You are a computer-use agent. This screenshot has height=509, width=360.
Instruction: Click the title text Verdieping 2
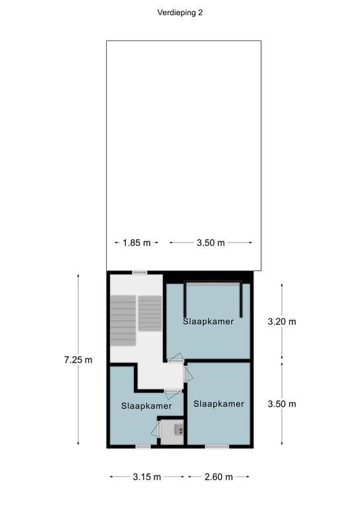click(180, 13)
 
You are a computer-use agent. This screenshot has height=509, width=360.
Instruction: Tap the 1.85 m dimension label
click(137, 243)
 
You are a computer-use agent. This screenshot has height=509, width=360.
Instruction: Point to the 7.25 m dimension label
click(78, 360)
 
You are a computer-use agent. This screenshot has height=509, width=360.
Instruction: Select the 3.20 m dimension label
click(282, 321)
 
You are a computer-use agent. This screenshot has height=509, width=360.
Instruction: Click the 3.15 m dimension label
click(147, 477)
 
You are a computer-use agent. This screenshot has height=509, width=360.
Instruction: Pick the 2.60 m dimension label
click(219, 477)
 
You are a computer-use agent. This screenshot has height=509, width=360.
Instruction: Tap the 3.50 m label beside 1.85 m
click(211, 243)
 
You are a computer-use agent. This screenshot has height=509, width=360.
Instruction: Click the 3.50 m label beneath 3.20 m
click(282, 404)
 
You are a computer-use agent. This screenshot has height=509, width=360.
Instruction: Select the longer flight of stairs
click(123, 320)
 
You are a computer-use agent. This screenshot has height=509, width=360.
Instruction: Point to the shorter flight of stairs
click(150, 313)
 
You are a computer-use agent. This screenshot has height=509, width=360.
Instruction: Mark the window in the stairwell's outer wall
click(140, 272)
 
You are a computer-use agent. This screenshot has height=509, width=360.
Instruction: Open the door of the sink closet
click(156, 429)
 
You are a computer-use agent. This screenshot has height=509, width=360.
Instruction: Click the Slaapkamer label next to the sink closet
click(147, 406)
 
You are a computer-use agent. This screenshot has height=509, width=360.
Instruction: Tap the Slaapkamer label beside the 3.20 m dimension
click(208, 321)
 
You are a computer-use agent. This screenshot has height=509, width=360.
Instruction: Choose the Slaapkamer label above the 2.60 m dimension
click(219, 404)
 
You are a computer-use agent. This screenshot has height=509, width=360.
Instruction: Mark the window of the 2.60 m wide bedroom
click(217, 447)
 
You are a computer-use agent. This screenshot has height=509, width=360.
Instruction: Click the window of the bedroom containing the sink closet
click(143, 447)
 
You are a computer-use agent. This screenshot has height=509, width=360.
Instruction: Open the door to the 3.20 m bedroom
click(176, 358)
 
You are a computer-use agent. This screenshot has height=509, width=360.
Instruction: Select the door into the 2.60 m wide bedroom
click(188, 374)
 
